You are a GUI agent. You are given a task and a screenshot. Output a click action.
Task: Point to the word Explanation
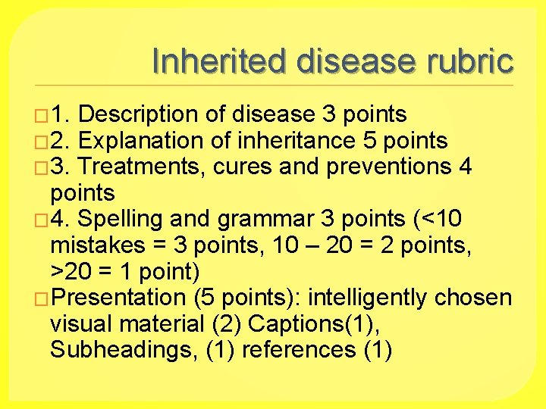140,141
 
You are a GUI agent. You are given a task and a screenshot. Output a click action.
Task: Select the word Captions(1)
315,324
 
